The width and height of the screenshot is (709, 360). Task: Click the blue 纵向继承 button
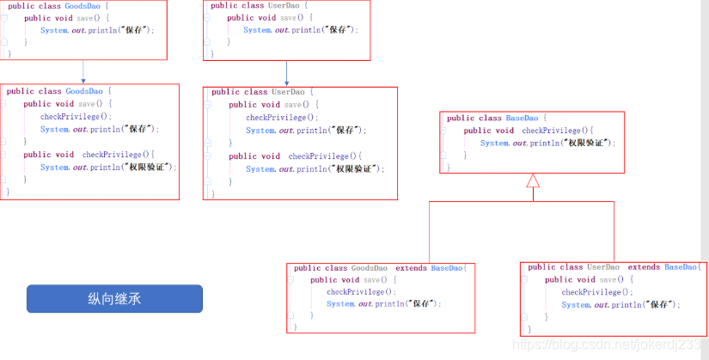tap(114, 299)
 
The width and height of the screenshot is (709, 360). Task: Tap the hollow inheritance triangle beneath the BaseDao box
tap(533, 180)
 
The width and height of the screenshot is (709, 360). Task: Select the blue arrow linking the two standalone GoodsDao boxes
tap(83, 71)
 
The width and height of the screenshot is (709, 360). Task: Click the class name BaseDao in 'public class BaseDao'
tap(523, 118)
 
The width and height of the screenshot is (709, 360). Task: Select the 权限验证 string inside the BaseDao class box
tap(588, 143)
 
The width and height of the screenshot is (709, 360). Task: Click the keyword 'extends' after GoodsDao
tap(410, 268)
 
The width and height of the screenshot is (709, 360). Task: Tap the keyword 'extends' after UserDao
tap(644, 267)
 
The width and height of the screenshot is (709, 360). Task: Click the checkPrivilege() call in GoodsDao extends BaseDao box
tap(354, 291)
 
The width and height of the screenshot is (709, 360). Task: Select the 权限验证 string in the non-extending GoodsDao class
tap(150, 167)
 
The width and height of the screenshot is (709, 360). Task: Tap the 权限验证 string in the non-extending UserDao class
tap(356, 169)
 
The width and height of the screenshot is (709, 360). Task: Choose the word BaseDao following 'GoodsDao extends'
tap(446, 268)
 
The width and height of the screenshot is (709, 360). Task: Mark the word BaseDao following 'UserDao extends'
tap(681, 267)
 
